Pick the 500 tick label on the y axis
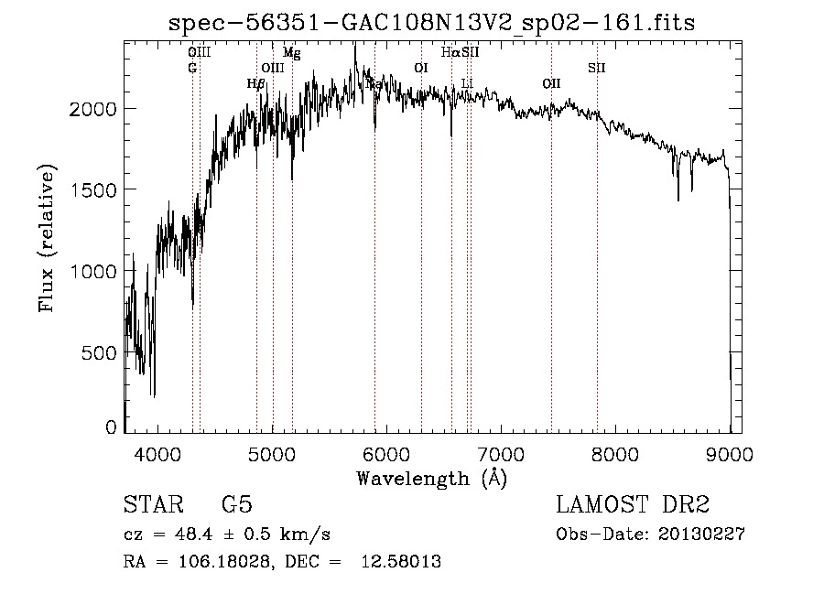(102, 352)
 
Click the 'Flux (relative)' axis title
(47, 236)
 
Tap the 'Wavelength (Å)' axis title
(431, 478)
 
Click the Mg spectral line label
(291, 53)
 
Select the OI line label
(420, 68)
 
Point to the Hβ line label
(256, 83)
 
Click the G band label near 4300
(192, 68)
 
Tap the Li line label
(467, 83)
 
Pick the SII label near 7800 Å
(596, 68)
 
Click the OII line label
(550, 83)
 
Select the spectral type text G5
(237, 505)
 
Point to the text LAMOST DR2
(633, 505)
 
